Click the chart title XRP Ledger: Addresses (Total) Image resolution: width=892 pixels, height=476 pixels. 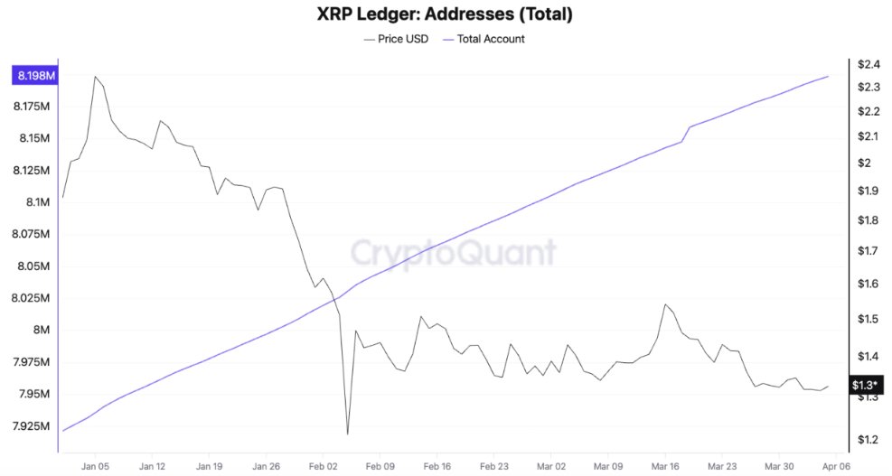445,14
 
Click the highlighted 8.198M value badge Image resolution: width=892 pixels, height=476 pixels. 34,76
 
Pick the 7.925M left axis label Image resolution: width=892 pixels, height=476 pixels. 32,425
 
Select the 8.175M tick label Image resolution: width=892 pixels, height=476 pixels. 32,107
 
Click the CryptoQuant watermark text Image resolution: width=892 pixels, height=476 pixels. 453,251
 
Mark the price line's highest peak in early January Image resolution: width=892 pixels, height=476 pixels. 95,77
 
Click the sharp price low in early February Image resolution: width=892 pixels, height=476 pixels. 347,434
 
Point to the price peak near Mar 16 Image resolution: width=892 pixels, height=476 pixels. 665,304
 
